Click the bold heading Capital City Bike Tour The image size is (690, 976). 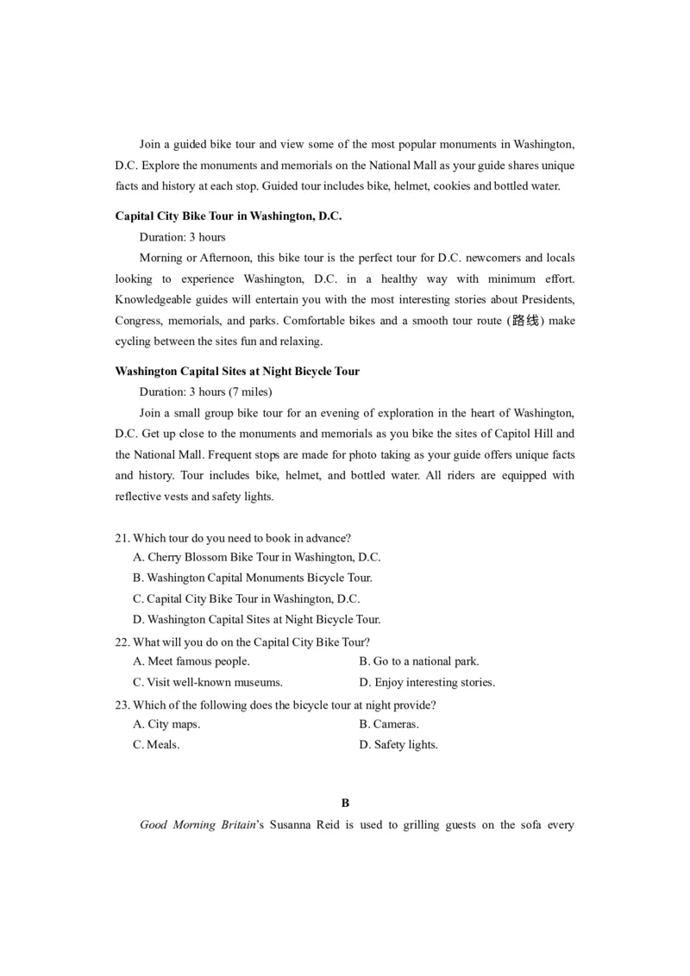229,216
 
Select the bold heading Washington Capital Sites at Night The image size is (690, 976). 237,372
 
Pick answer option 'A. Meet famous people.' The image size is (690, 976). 191,661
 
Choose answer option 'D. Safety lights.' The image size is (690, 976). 398,744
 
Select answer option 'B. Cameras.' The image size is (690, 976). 389,724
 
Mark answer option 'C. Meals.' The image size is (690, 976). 156,744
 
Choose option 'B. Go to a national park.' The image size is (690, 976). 418,661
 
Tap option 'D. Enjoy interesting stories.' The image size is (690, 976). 427,682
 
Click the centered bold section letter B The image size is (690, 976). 345,803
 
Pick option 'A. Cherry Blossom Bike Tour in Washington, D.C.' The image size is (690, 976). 256,558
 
